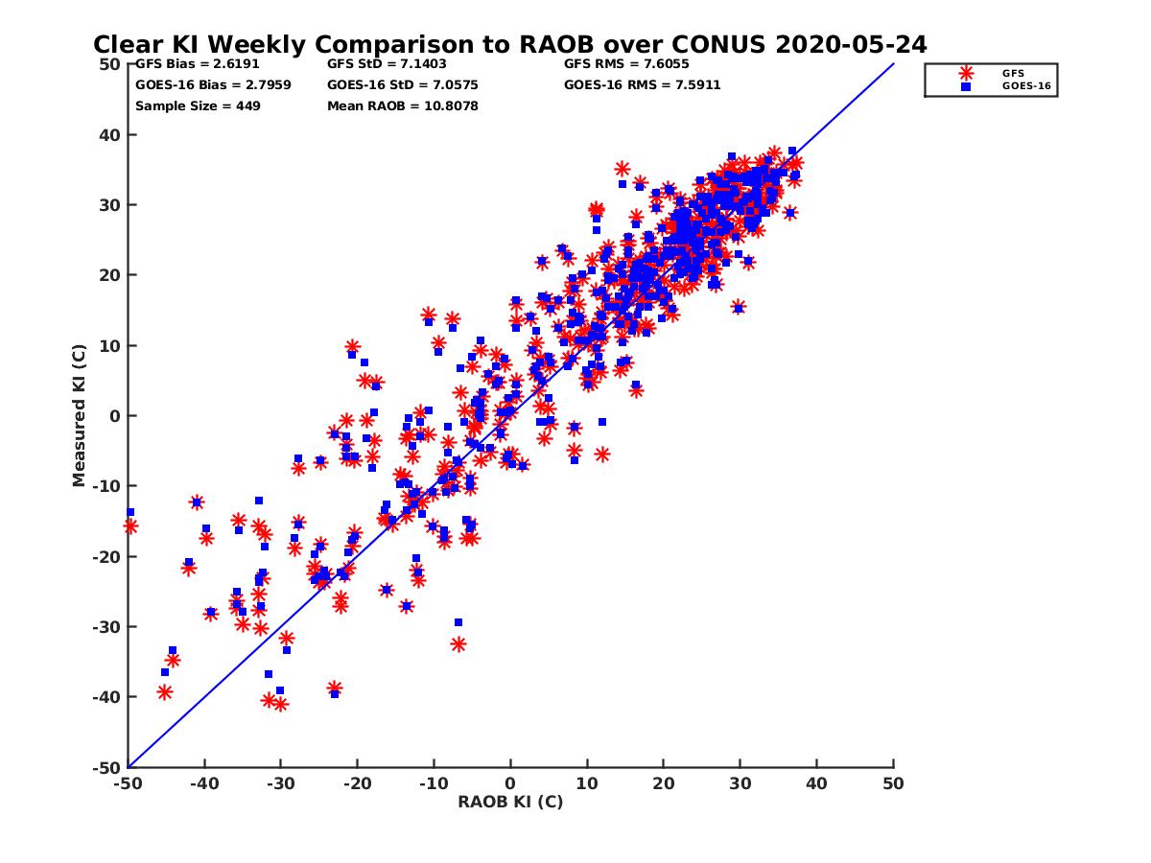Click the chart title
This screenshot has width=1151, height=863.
click(x=509, y=45)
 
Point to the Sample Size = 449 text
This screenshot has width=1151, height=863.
click(x=198, y=105)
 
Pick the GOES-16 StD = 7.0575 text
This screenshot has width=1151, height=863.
click(x=403, y=85)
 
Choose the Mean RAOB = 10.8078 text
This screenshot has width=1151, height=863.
click(x=403, y=105)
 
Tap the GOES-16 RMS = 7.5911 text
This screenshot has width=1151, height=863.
click(x=643, y=85)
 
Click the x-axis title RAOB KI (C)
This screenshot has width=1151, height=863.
click(x=510, y=802)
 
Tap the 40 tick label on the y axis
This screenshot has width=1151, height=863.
click(x=110, y=134)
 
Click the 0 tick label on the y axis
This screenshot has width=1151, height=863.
click(x=115, y=415)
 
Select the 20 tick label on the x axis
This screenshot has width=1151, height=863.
click(x=664, y=783)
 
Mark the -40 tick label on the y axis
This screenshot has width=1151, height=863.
click(x=107, y=697)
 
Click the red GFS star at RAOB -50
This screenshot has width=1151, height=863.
click(x=129, y=526)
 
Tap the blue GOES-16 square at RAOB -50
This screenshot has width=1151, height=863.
click(x=129, y=512)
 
